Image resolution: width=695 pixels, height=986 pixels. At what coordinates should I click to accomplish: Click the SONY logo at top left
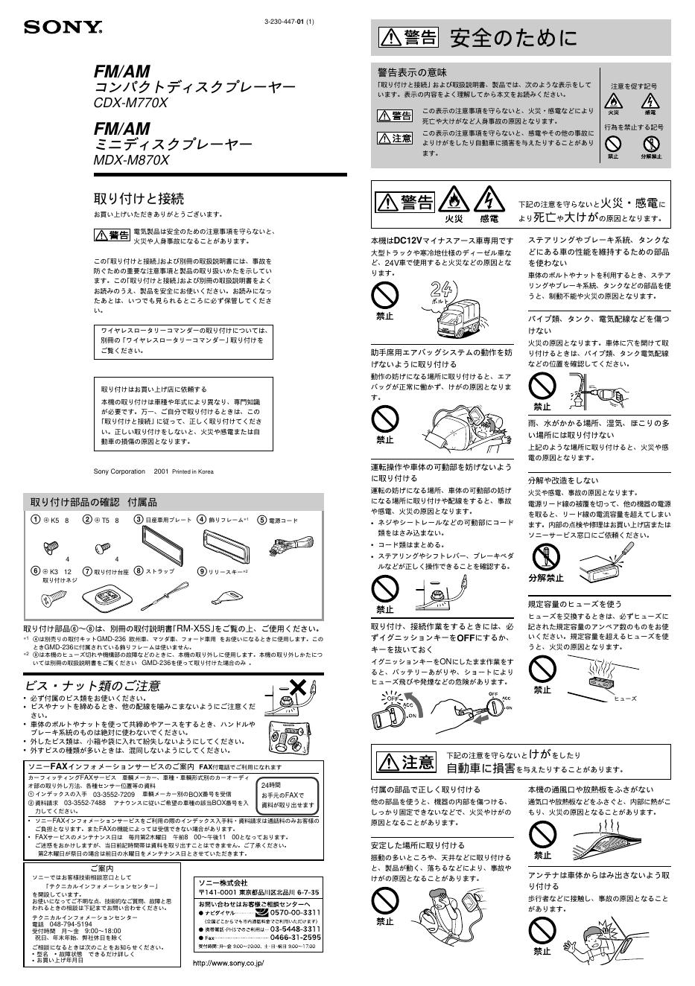click(x=63, y=28)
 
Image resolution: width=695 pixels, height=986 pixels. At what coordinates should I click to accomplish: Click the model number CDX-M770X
click(x=130, y=104)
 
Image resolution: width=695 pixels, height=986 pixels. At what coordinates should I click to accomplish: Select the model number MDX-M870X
click(x=132, y=160)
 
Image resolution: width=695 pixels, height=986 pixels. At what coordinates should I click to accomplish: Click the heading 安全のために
click(x=513, y=38)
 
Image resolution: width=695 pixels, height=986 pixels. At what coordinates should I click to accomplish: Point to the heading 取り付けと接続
click(x=138, y=199)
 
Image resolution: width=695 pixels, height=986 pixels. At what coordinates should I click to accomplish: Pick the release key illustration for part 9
click(x=226, y=595)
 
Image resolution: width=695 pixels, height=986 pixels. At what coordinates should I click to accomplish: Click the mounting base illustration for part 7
click(x=107, y=597)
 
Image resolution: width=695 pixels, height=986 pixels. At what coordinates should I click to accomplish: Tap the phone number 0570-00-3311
click(x=294, y=912)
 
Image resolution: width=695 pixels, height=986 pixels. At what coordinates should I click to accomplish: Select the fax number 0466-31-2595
click(x=295, y=937)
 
